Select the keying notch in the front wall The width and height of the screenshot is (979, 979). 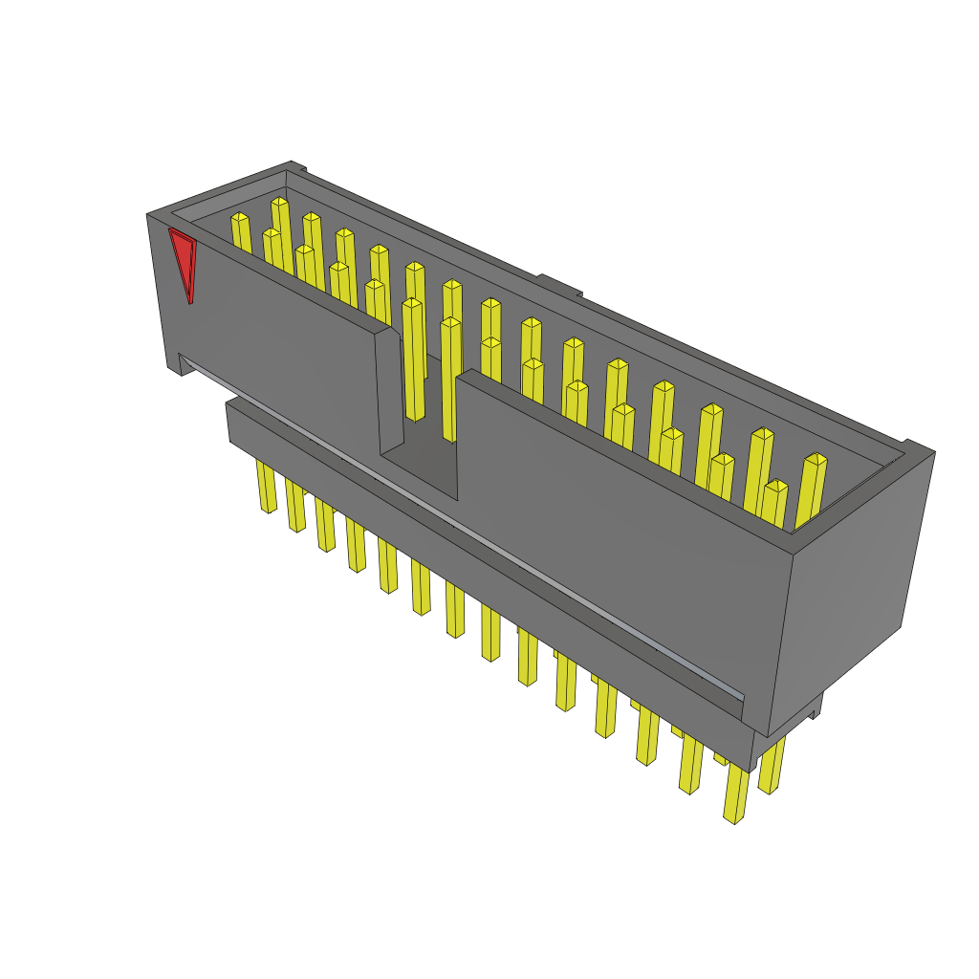click(x=418, y=411)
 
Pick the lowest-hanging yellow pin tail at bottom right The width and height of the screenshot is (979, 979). click(x=735, y=794)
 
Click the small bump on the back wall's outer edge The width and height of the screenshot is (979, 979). click(x=559, y=284)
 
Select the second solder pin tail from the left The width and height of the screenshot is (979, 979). click(x=295, y=507)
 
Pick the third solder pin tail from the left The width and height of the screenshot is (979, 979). click(x=326, y=526)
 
